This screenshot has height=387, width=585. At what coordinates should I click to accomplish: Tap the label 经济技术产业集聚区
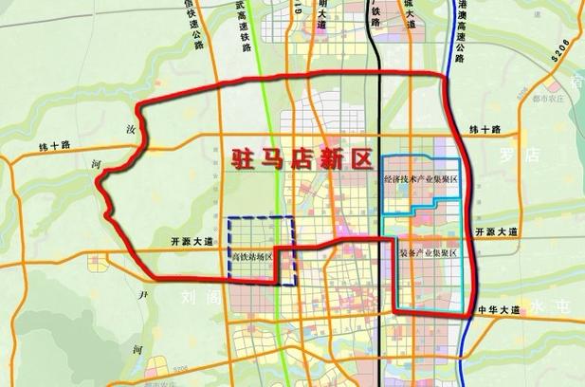(420, 178)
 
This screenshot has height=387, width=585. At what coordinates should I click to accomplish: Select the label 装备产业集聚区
(426, 253)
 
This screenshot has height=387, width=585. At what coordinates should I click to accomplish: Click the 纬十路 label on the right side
(484, 129)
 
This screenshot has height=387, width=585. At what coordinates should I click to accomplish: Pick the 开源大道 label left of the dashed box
(189, 242)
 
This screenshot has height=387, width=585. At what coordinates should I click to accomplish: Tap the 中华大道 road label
(500, 310)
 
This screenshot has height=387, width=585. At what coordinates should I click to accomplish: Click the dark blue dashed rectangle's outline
(228, 247)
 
